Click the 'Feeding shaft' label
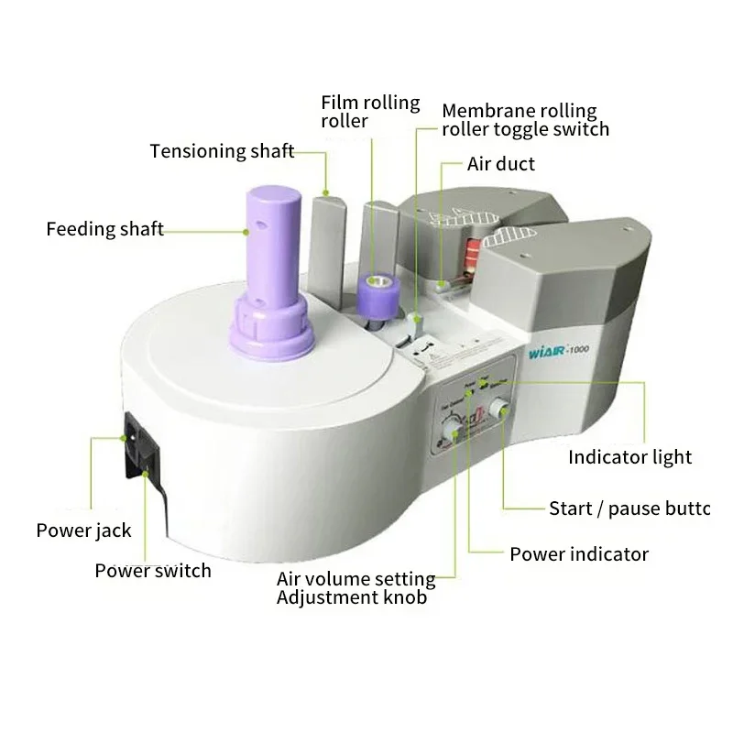104,229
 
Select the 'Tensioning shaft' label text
223,151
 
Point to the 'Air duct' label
501,165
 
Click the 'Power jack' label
83,531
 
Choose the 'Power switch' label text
153,571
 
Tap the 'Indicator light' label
629,457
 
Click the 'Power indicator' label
579,554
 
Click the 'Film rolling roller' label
370,111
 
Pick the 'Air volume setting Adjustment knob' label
356,588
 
